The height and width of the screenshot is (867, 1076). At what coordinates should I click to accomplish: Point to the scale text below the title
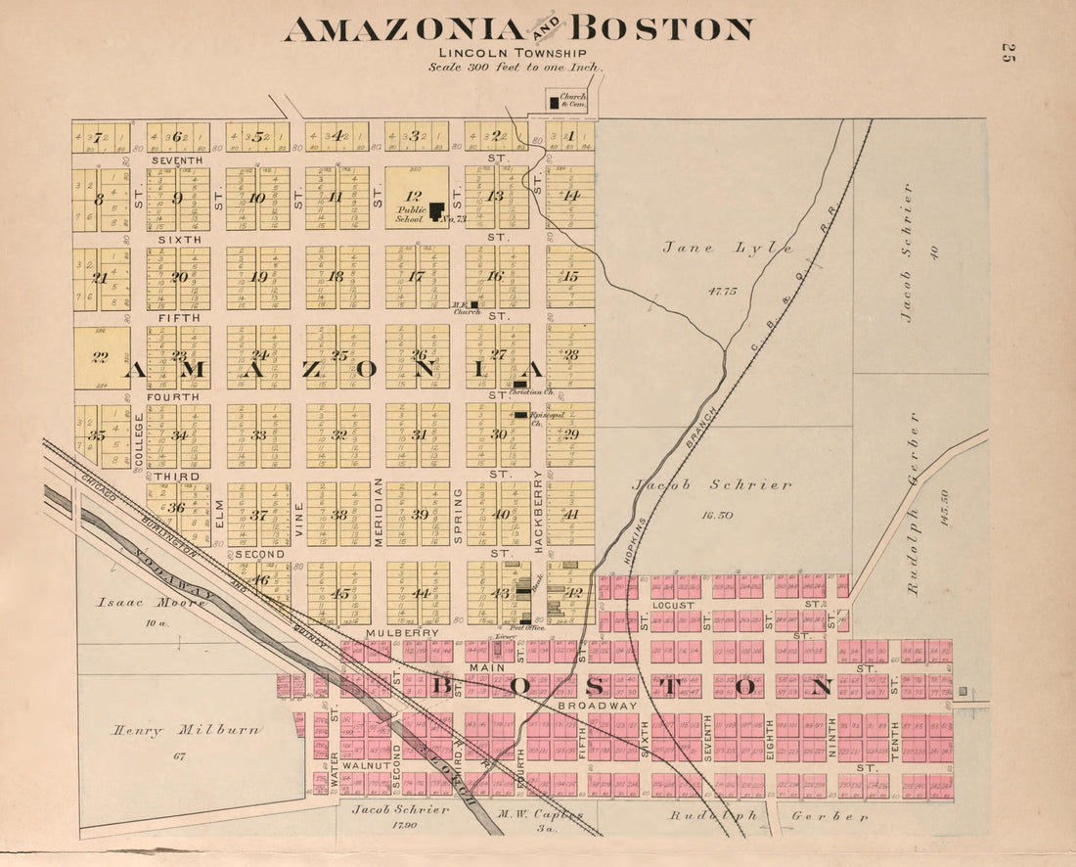pos(515,68)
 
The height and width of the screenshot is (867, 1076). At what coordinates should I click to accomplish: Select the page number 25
pos(1008,54)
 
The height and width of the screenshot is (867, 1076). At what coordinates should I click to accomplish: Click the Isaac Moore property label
pos(151,603)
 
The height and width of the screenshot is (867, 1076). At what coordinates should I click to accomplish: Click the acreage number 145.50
pos(945,508)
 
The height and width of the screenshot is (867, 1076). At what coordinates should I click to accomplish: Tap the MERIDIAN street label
pos(379,512)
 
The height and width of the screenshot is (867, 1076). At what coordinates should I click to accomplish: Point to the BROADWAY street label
pos(597,705)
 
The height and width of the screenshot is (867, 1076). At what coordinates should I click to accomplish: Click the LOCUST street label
pos(672,605)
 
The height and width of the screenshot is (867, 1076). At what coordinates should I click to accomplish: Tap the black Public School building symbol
pos(436,210)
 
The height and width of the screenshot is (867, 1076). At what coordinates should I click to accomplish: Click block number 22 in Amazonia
pos(99,357)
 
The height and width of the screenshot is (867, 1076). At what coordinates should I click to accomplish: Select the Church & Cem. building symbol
pos(554,102)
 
